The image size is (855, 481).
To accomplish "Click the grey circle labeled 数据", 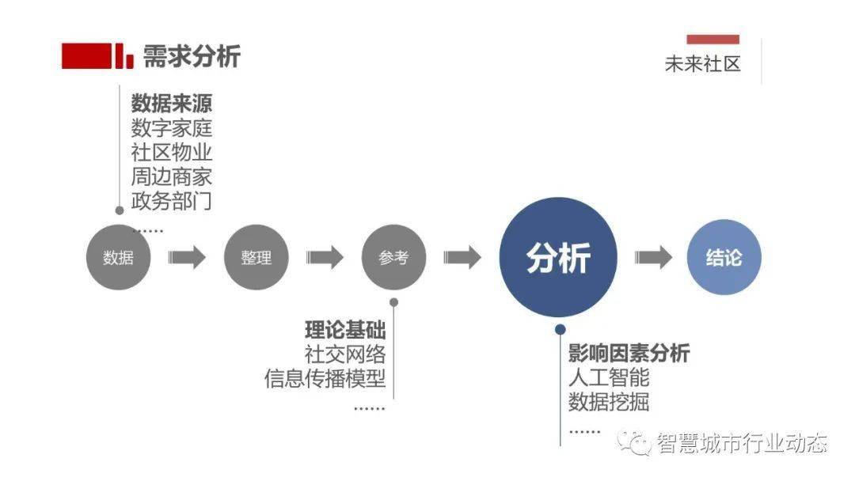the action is click(x=118, y=257).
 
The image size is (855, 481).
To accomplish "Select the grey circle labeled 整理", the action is click(x=256, y=257).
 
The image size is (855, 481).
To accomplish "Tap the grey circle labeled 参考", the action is click(x=393, y=257).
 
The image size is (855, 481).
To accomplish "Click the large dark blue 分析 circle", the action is click(x=558, y=257).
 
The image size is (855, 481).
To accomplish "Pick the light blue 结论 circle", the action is click(x=724, y=257).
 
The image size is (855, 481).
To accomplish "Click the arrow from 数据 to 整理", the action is click(x=187, y=257).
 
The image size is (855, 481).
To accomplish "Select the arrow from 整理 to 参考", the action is click(x=325, y=257).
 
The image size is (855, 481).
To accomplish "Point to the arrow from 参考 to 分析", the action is click(x=462, y=257).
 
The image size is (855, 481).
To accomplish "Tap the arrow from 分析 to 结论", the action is click(x=653, y=257).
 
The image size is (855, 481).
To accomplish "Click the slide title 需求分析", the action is click(x=192, y=56).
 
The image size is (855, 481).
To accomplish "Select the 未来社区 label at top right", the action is click(x=702, y=64).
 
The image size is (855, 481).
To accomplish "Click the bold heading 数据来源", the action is click(x=171, y=104).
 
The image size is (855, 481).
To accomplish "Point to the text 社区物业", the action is click(x=171, y=153).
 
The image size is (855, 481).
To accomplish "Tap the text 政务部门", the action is click(x=171, y=201).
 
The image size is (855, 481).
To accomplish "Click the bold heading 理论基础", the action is click(x=345, y=330).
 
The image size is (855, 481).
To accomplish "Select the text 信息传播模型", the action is click(x=325, y=379).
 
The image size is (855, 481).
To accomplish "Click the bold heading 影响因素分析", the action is click(x=629, y=353).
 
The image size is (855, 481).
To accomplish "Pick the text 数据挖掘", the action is click(x=609, y=401).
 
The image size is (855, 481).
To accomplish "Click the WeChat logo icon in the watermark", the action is click(x=634, y=442).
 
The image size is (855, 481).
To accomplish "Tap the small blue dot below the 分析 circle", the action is click(x=560, y=330).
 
